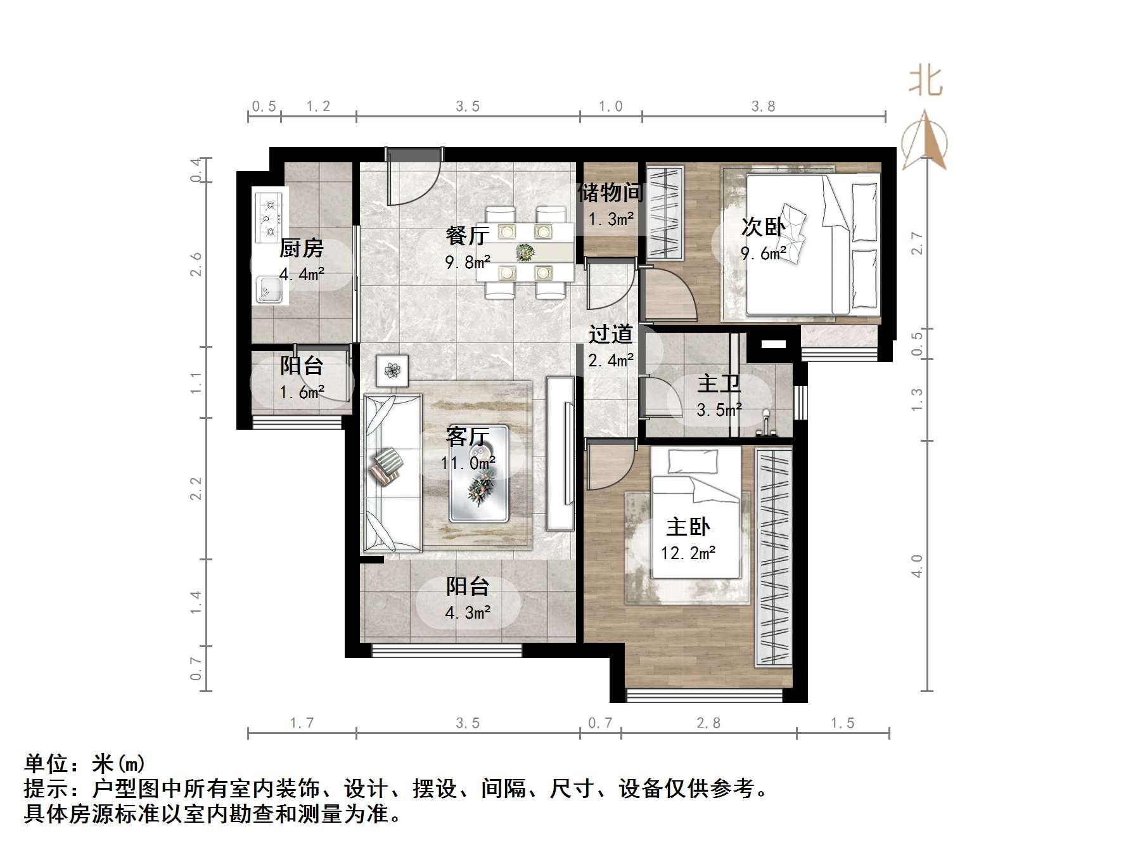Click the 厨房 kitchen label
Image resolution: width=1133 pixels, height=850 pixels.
(x=302, y=248)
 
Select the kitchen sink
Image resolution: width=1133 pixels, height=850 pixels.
(x=269, y=291)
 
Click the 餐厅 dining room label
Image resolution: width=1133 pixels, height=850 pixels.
(x=468, y=236)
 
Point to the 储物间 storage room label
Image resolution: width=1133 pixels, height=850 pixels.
(x=610, y=193)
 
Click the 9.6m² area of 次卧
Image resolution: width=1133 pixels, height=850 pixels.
(x=763, y=254)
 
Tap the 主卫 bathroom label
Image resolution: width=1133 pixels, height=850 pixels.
(x=719, y=383)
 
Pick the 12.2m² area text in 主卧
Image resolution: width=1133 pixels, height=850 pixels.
(x=688, y=553)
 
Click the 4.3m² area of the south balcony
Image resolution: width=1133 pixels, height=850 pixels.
(x=468, y=613)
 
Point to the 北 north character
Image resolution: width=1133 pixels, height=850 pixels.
(x=925, y=82)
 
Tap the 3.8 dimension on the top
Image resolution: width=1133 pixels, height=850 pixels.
(x=764, y=106)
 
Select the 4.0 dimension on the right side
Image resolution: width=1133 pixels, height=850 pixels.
(x=917, y=565)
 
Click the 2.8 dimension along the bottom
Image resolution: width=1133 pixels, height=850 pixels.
(x=708, y=723)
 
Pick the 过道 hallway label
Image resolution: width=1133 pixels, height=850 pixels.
(x=610, y=334)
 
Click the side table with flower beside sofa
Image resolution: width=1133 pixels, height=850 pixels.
(x=392, y=370)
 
